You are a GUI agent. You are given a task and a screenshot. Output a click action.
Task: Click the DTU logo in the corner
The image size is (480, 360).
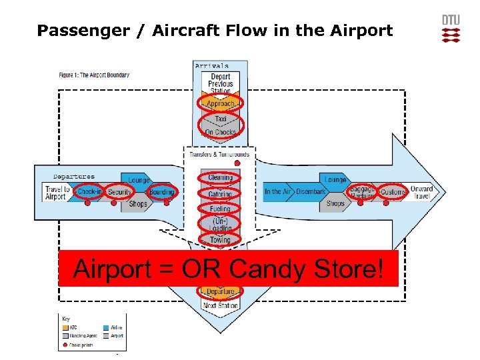coord(451,29)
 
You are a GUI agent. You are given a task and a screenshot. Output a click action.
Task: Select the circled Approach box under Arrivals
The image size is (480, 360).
coord(221,104)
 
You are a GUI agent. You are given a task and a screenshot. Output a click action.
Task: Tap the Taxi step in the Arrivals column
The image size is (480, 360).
coord(221,119)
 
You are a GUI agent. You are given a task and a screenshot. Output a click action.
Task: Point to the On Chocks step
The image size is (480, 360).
coord(221,133)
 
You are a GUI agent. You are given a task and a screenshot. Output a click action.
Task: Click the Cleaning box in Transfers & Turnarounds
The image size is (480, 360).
coord(220,178)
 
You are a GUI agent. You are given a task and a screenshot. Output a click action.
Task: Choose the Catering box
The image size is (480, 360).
coord(220,194)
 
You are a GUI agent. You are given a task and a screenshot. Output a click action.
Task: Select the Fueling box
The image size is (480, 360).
coord(220,209)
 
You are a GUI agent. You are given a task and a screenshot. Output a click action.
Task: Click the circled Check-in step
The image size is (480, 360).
coord(90,192)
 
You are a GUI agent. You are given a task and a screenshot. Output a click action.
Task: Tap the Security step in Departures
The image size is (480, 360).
coord(120,192)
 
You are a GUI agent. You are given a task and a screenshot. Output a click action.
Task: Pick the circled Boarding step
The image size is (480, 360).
coord(161,192)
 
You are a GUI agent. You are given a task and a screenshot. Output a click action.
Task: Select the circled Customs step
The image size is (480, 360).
coord(393,192)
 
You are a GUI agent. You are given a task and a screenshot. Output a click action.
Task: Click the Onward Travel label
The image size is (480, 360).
coord(421,192)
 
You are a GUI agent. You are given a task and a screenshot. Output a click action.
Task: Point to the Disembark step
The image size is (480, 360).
coord(311,192)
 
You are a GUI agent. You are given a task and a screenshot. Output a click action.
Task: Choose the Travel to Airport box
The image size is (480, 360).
coord(56,192)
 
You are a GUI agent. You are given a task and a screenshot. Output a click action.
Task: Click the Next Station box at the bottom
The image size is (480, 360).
coord(220,305)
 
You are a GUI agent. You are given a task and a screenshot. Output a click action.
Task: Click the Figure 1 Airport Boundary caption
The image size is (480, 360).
coord(94,75)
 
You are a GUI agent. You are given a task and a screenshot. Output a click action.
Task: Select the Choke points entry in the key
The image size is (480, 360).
coord(80,344)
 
